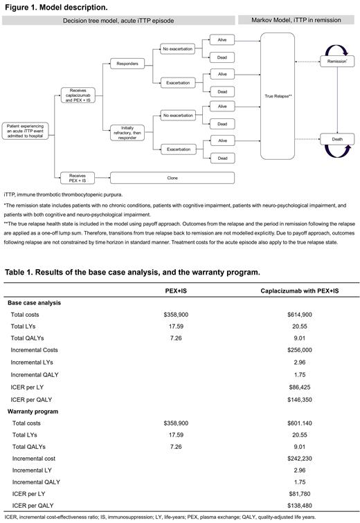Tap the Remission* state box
point(335,62)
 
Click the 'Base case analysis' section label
point(33,302)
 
